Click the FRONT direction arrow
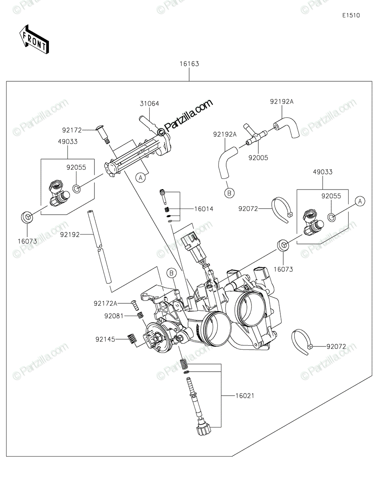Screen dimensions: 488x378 pyautogui.click(x=34, y=39)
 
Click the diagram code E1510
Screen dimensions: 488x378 pyautogui.click(x=351, y=16)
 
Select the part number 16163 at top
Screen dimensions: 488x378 pyautogui.click(x=189, y=64)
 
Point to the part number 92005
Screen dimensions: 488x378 pyautogui.click(x=258, y=158)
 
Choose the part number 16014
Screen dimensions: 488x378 pyautogui.click(x=203, y=209)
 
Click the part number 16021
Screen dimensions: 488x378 pyautogui.click(x=244, y=395)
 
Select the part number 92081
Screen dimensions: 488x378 pyautogui.click(x=113, y=316)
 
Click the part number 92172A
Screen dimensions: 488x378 pyautogui.click(x=105, y=303)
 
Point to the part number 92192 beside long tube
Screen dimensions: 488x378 pyautogui.click(x=70, y=235)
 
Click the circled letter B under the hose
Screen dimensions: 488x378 pyautogui.click(x=229, y=193)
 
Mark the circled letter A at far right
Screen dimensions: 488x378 pyautogui.click(x=359, y=200)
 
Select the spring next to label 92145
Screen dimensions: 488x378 pyautogui.click(x=131, y=339)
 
